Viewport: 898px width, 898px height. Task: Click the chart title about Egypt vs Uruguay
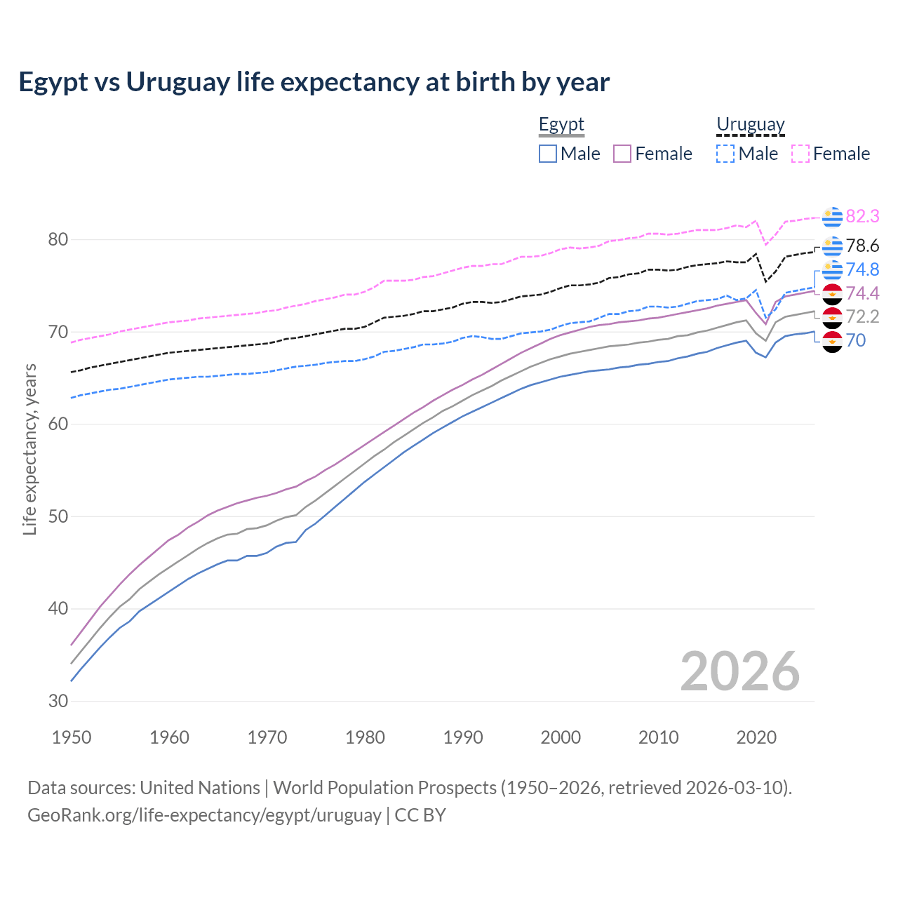tap(314, 82)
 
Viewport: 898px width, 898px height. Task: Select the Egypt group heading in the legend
tap(561, 125)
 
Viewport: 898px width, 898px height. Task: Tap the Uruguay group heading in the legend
tap(750, 125)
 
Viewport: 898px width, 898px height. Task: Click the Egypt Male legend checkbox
tap(548, 154)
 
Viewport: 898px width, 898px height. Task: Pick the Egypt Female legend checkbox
tap(622, 154)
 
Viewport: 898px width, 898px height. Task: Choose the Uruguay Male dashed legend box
tap(725, 154)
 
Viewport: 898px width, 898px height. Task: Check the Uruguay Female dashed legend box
tap(800, 154)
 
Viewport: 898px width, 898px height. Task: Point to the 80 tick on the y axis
tap(58, 240)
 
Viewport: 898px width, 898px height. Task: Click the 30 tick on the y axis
tap(58, 701)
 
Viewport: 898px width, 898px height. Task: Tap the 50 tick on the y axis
tap(58, 516)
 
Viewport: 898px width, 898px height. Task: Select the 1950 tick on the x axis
tap(72, 737)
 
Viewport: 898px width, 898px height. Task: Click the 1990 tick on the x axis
tap(463, 737)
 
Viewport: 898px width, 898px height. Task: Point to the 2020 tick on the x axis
tap(756, 737)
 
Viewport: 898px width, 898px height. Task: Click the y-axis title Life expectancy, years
tap(30, 449)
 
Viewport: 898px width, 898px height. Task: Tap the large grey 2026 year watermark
tap(739, 671)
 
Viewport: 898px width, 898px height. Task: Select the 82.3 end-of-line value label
tap(862, 216)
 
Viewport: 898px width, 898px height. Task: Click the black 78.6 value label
tap(862, 246)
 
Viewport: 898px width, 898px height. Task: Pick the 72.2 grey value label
tap(862, 316)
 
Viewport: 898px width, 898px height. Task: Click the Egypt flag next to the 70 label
tap(832, 342)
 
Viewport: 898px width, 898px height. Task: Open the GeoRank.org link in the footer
tap(204, 815)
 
